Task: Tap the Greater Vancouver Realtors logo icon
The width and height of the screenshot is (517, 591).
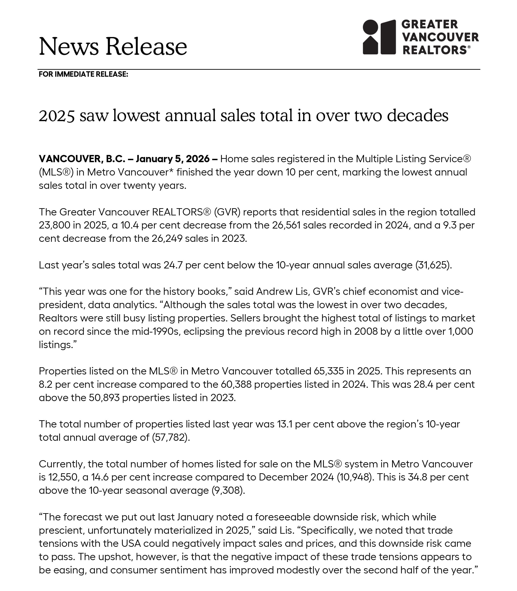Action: pos(379,37)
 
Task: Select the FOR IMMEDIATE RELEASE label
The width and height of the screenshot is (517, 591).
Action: pos(83,74)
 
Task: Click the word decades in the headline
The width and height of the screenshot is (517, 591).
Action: pos(417,115)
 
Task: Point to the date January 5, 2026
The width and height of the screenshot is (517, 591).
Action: pos(173,159)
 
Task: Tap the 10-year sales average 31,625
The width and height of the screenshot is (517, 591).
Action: pos(433,265)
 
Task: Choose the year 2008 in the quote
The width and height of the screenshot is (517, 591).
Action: pos(366,331)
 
